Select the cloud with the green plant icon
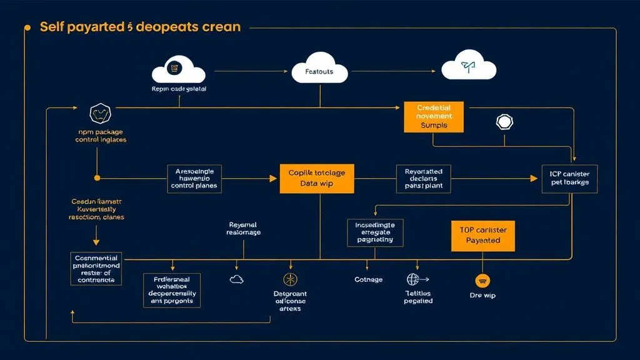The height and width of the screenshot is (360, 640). (468, 68)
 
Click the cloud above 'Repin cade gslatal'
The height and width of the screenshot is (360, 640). (178, 69)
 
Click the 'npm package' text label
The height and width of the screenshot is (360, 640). (100, 132)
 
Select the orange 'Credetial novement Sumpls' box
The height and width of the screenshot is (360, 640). (434, 117)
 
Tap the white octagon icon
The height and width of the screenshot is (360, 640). (504, 122)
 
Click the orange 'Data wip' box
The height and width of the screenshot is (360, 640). (316, 178)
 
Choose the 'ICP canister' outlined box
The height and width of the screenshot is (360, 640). (569, 178)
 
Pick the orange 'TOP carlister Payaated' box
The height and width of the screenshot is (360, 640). (483, 235)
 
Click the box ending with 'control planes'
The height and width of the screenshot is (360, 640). (194, 178)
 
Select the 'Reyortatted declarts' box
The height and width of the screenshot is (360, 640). (423, 178)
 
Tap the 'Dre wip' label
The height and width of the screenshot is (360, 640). (482, 295)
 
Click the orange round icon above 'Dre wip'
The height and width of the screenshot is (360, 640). (481, 280)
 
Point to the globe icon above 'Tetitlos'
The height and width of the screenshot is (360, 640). (413, 279)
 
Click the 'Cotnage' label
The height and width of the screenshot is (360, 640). (368, 280)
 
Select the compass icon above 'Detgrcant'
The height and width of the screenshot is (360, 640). (290, 279)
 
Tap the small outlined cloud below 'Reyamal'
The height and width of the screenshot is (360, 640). (237, 279)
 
